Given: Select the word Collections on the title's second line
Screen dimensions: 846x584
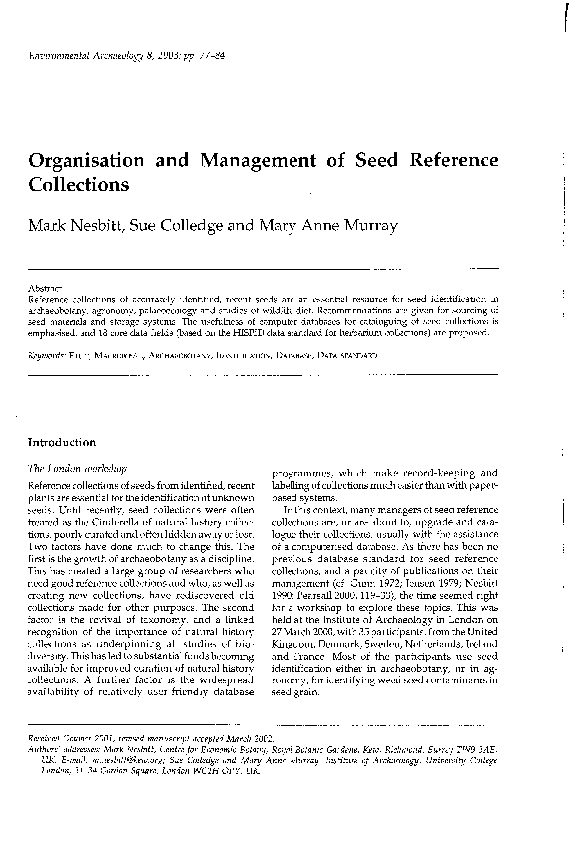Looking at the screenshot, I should click(x=79, y=185).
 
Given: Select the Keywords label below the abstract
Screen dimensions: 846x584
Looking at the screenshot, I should click(x=46, y=355).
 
